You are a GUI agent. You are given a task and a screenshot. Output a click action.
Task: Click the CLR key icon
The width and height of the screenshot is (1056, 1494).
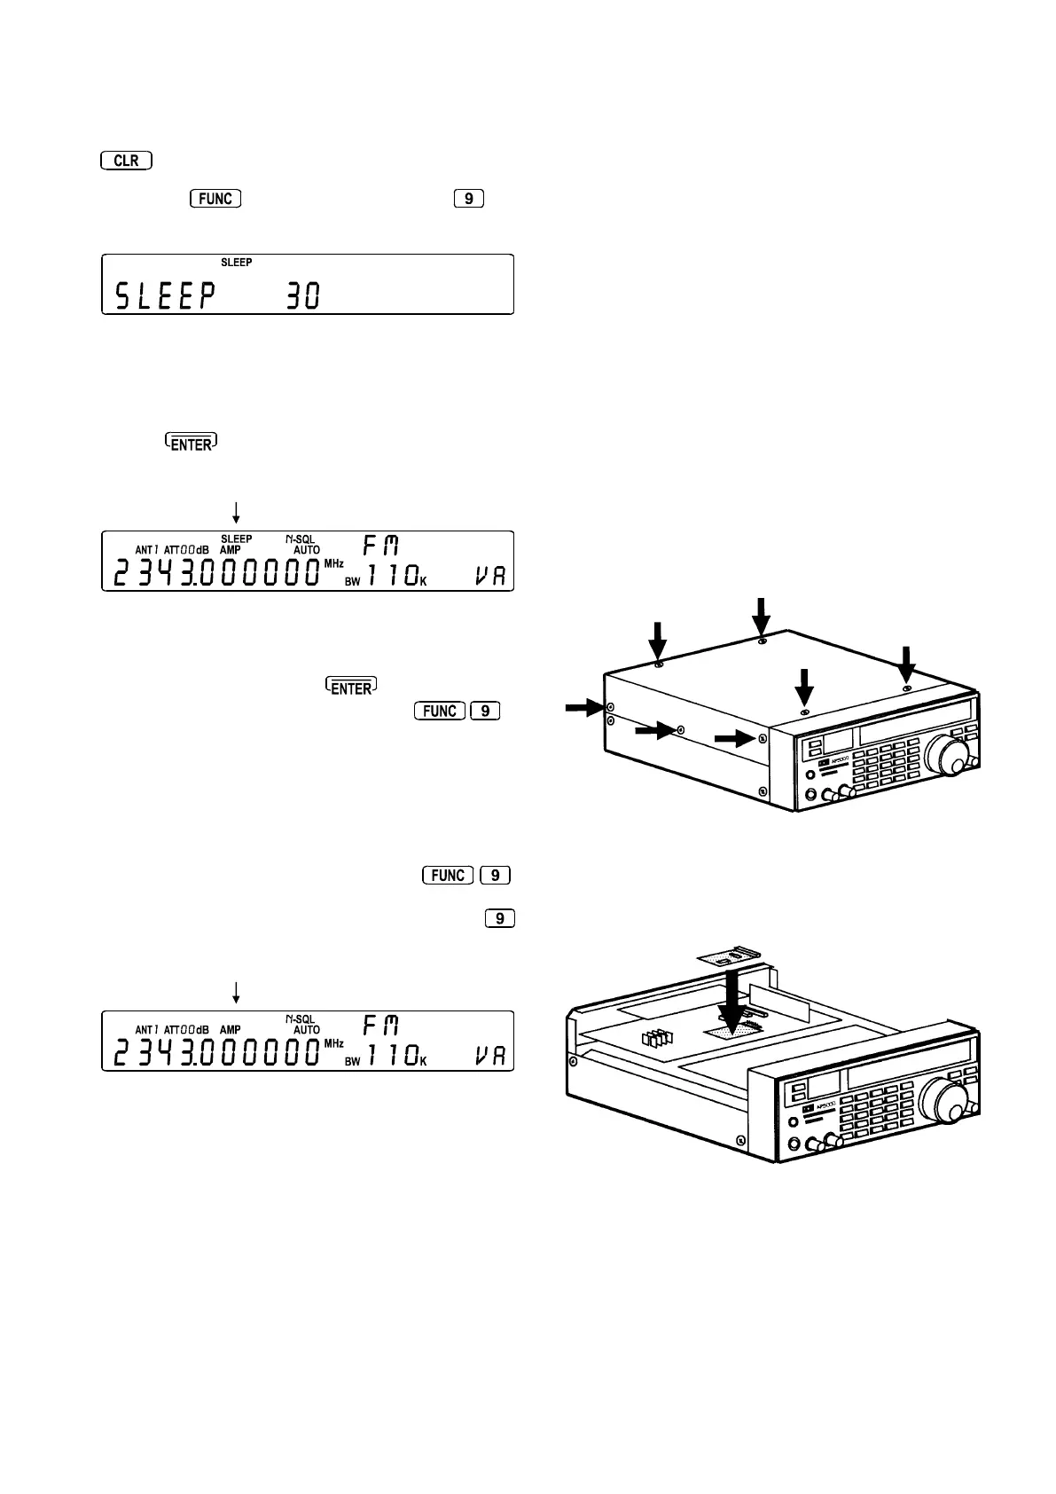point(127,161)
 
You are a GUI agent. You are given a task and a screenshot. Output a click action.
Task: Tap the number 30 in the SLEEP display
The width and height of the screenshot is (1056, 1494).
point(301,296)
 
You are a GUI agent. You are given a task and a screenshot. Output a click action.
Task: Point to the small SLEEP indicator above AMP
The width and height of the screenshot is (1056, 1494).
point(236,539)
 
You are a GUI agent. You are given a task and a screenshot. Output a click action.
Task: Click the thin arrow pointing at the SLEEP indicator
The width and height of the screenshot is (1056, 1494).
point(236,511)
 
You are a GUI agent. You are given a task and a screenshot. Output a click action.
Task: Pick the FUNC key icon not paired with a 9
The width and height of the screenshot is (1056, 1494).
point(215,198)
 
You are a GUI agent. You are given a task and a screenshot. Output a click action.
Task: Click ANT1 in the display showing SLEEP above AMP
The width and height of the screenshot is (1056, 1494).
point(147,550)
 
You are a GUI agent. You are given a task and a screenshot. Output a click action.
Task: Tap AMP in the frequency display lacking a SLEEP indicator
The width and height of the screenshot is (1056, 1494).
point(231,1030)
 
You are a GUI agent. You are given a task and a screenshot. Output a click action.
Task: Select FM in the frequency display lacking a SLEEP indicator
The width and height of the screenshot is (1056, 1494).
point(381,1026)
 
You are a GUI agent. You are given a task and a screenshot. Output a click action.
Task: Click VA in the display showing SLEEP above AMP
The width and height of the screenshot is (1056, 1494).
point(488,576)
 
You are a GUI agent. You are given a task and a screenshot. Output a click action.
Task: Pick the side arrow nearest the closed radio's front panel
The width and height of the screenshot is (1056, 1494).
point(736,738)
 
